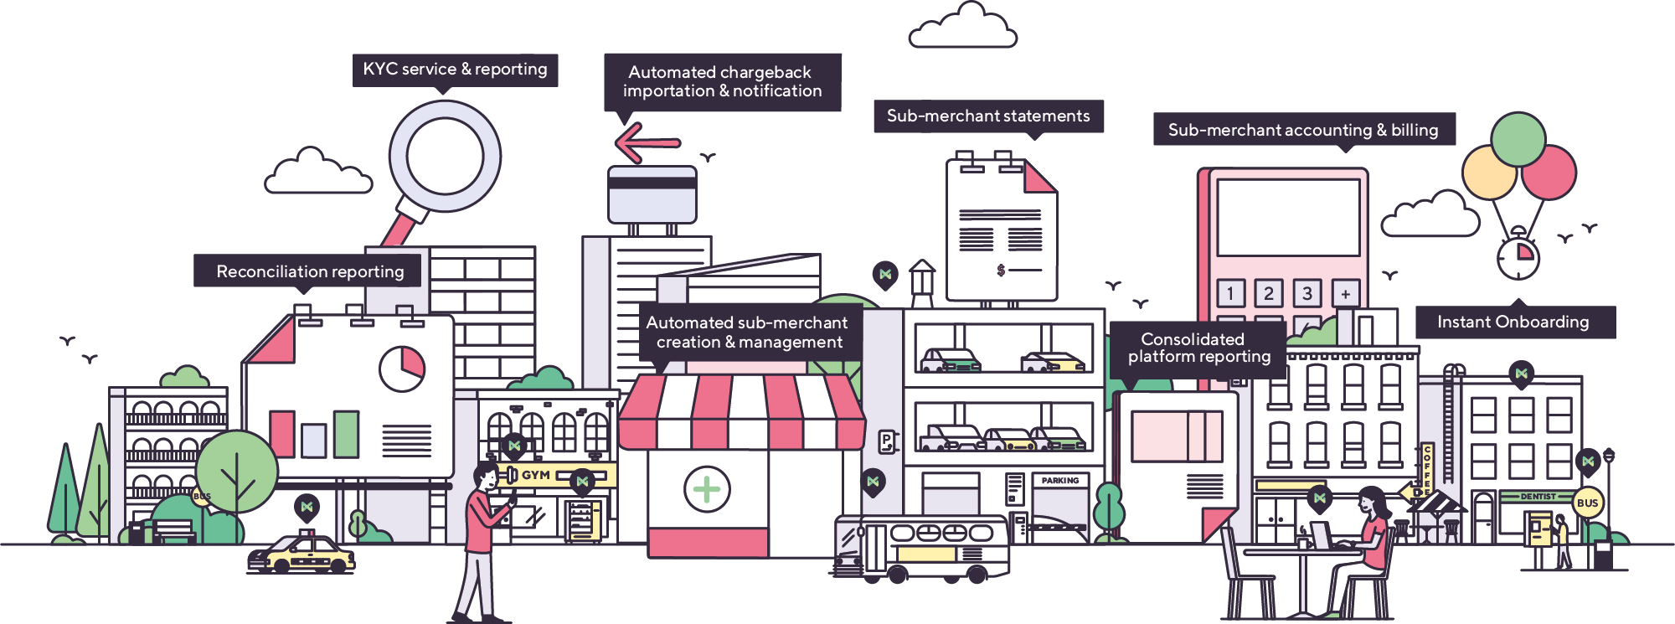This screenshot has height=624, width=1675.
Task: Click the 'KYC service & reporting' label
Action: click(455, 70)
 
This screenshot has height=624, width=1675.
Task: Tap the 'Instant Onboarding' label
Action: click(1513, 322)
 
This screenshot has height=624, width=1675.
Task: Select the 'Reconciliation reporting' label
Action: click(310, 271)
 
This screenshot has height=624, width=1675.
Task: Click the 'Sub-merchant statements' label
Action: click(988, 116)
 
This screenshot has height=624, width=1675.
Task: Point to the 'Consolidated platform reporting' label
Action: click(1198, 348)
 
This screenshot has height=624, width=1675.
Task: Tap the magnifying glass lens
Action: click(445, 157)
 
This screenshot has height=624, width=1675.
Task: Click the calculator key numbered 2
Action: click(1268, 293)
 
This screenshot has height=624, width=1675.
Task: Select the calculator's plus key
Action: click(1345, 294)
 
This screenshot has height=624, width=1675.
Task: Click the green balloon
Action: click(1518, 139)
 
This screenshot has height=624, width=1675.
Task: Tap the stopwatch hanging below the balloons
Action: click(1518, 256)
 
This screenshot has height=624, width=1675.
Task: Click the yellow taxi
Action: click(301, 554)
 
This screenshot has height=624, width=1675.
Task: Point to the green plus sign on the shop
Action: click(707, 489)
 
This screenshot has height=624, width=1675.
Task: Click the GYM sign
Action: click(536, 475)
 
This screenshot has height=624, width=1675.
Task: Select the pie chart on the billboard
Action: click(402, 369)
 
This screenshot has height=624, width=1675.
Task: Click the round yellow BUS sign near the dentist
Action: click(1587, 503)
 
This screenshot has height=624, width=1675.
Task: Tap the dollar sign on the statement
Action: click(1001, 271)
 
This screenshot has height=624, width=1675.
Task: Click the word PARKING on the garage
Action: click(1060, 481)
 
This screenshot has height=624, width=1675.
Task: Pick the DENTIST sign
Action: click(1538, 497)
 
